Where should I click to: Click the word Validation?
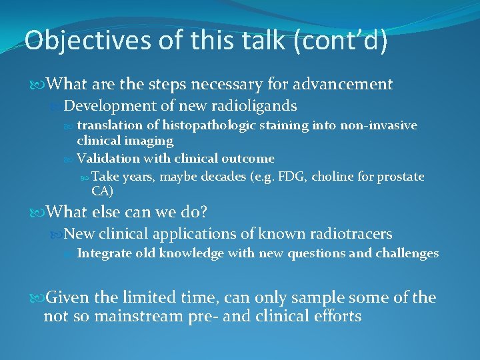[105, 159]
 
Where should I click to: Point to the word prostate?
[401, 177]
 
